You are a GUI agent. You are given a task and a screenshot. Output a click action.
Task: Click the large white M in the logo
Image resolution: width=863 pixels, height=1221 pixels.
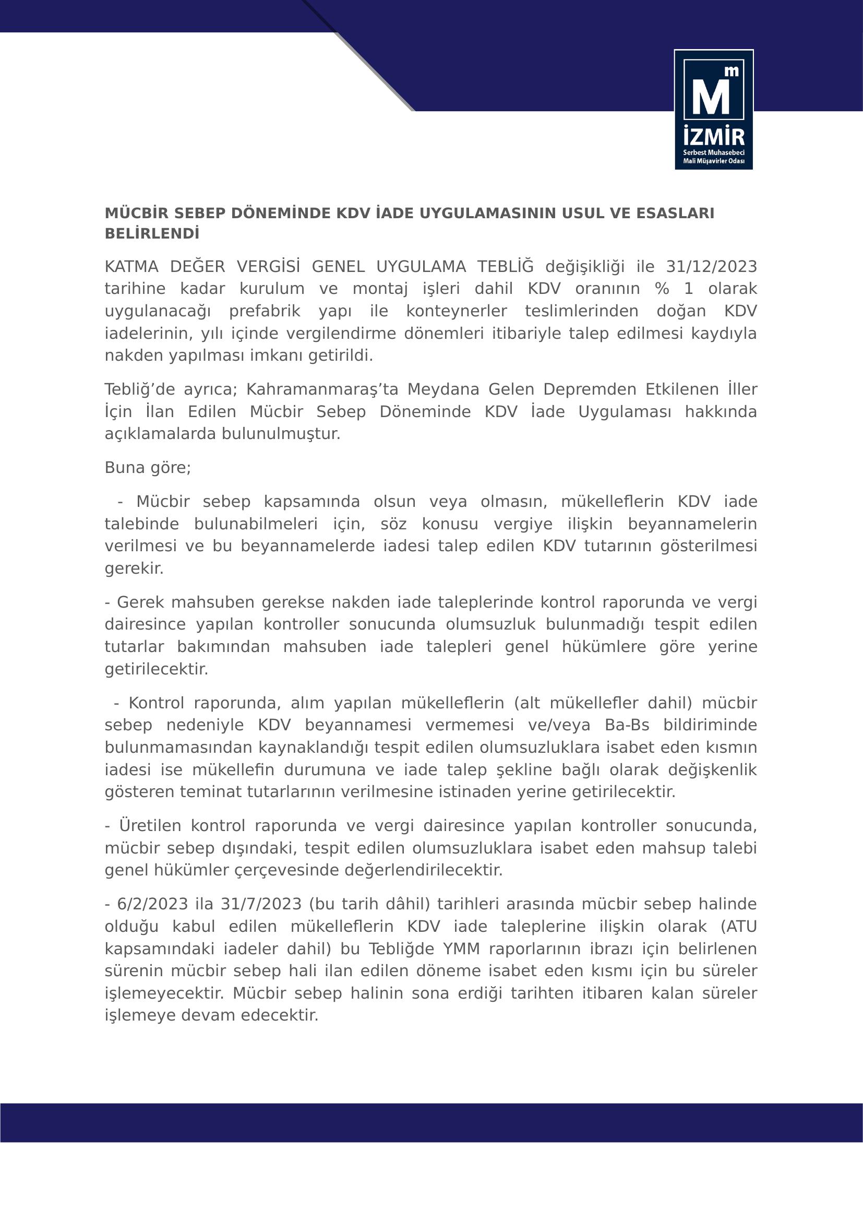point(710,96)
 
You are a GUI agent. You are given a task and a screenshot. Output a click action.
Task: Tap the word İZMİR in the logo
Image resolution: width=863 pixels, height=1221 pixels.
point(714,137)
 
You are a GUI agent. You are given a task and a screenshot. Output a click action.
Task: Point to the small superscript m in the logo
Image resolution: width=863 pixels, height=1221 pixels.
point(732,72)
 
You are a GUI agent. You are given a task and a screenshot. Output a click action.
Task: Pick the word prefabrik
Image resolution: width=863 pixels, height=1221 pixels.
point(265,311)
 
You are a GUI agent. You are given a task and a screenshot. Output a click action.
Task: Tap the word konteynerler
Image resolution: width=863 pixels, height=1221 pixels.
point(457,311)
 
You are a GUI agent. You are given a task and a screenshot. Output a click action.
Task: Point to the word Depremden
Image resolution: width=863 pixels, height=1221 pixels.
point(589,389)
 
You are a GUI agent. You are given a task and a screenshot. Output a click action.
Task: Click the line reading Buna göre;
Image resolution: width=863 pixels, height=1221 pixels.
point(148,467)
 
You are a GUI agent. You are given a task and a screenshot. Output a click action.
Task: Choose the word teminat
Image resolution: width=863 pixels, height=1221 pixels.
point(211,792)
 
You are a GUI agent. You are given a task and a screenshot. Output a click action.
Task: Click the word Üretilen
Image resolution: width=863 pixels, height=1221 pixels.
point(150,825)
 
